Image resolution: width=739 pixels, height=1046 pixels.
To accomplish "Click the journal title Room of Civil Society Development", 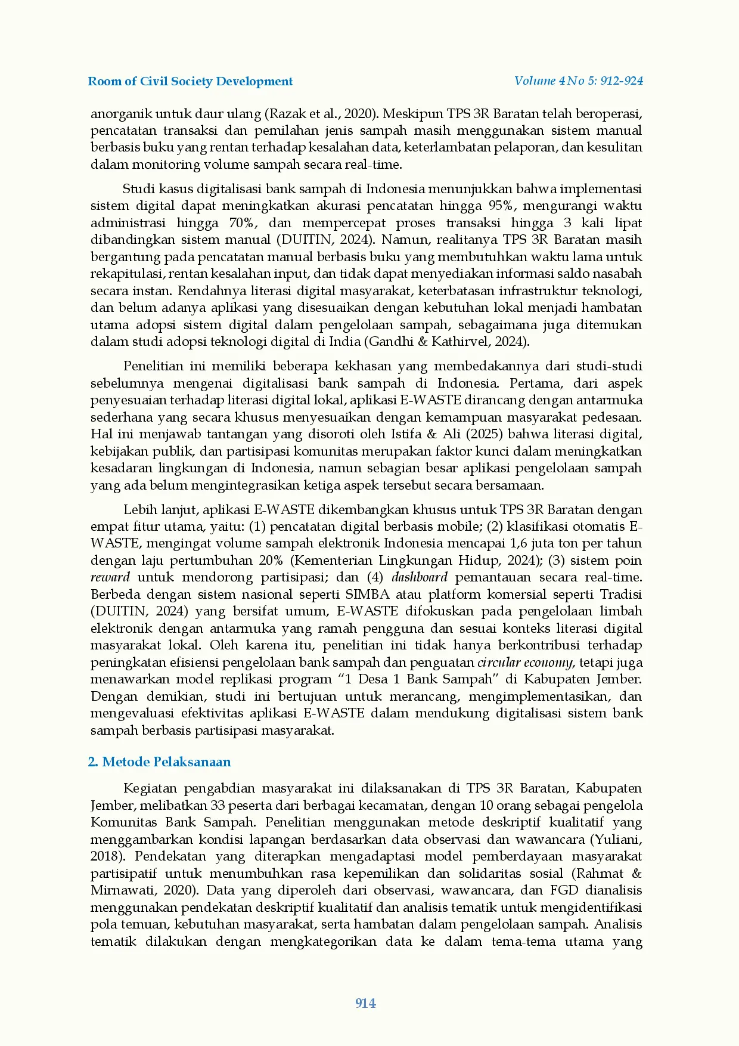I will (x=190, y=82).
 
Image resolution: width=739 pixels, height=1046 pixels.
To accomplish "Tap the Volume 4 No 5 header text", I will (x=578, y=81).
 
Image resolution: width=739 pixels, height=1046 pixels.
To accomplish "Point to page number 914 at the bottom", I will (x=365, y=1003).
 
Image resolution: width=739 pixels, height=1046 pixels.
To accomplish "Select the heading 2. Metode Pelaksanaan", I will (x=159, y=762).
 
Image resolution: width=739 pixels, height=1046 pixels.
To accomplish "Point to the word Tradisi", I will (x=621, y=595).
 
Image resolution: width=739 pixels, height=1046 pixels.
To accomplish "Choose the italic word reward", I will (x=110, y=578).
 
